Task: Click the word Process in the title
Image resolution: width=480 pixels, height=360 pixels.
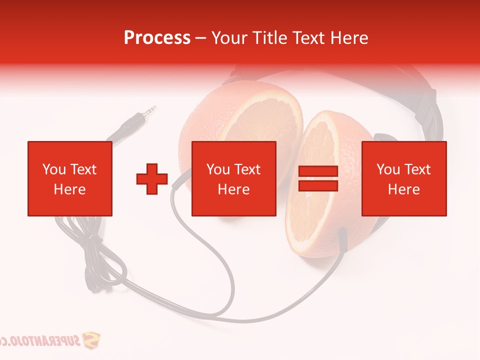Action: [x=157, y=38]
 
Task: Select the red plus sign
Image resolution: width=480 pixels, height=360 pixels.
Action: [x=152, y=179]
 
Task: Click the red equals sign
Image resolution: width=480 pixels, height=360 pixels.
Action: [x=318, y=178]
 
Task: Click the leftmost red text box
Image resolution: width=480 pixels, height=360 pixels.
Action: [x=69, y=178]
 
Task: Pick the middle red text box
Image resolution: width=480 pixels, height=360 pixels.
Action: [x=233, y=178]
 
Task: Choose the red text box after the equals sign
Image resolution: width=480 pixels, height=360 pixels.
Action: [x=403, y=178]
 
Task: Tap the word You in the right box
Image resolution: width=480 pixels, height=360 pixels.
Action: [x=388, y=169]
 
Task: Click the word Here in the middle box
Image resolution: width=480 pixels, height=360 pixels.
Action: [x=233, y=189]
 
